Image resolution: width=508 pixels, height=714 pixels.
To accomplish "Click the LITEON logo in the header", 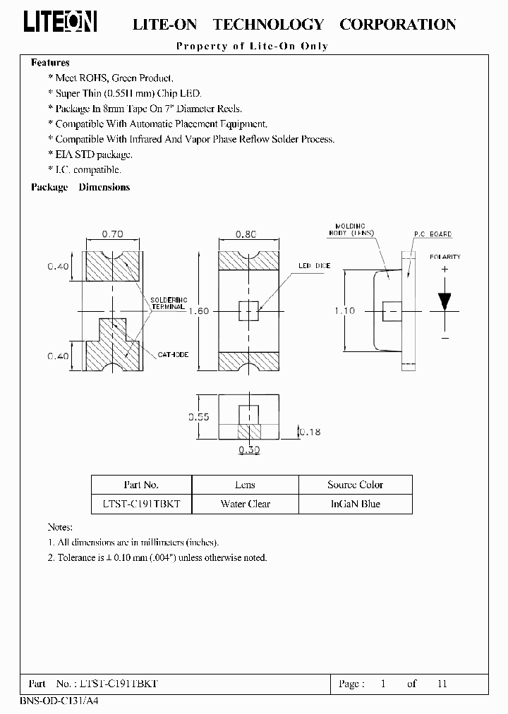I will click(60, 23).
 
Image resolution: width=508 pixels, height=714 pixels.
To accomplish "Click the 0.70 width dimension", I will click(113, 234).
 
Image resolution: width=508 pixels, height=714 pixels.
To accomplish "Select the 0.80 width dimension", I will click(246, 234).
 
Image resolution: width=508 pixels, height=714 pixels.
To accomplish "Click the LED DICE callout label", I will click(314, 266).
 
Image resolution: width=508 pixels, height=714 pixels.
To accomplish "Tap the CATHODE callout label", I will click(173, 355).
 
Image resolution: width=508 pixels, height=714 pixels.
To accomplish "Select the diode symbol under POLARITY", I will click(445, 301).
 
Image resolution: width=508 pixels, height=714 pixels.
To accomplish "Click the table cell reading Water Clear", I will click(245, 504).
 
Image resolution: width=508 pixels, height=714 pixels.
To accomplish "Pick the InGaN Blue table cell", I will click(355, 504).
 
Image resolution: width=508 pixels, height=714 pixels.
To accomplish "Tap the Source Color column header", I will click(355, 485).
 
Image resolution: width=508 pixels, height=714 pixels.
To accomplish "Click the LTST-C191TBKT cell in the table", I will click(141, 504).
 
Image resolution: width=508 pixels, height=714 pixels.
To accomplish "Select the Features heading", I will click(50, 63).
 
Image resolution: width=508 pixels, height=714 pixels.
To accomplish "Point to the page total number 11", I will click(442, 684).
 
